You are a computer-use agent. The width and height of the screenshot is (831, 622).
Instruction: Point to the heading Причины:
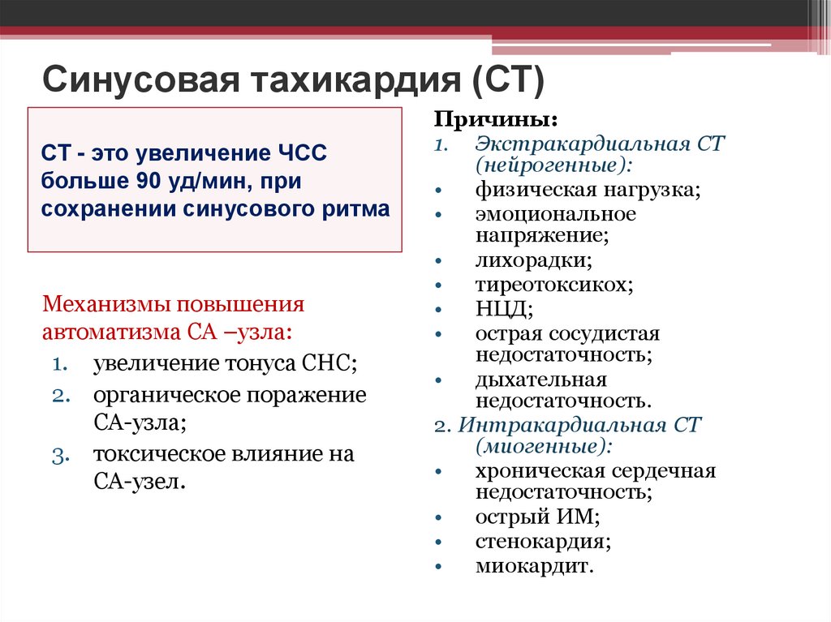click(495, 120)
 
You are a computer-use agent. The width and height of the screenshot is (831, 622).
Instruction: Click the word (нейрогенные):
click(555, 165)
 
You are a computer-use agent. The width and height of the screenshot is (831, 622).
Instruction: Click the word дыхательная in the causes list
click(541, 380)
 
